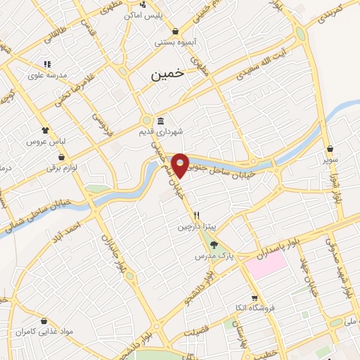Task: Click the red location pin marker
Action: pyautogui.click(x=181, y=165)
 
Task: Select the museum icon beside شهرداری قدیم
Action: pyautogui.click(x=161, y=120)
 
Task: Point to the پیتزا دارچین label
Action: pyautogui.click(x=193, y=227)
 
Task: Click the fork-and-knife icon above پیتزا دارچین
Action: pyautogui.click(x=198, y=216)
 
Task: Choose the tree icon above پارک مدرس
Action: pyautogui.click(x=214, y=245)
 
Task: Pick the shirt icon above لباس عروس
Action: pyautogui.click(x=46, y=130)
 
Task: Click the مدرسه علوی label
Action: pyautogui.click(x=48, y=75)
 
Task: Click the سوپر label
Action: pyautogui.click(x=330, y=160)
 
